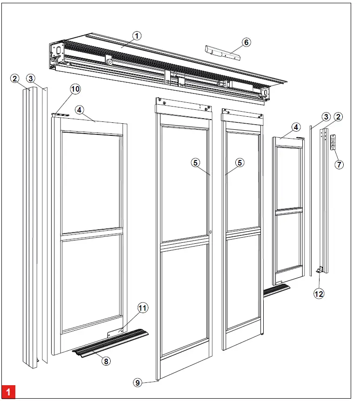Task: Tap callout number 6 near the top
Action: [247, 42]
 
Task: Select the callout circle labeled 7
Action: [339, 164]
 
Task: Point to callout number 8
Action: [107, 361]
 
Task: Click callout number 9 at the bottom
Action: [138, 382]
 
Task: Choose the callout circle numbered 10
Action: [75, 88]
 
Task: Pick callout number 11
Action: [142, 307]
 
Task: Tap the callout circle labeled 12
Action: [319, 294]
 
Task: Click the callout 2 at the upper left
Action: [15, 78]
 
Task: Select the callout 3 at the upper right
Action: [326, 116]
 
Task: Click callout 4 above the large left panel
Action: [80, 110]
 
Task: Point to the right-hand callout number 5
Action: [240, 162]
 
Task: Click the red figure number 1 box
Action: [8, 391]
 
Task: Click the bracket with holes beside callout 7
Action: [333, 142]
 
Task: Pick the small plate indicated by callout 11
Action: [115, 333]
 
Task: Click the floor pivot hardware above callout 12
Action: [320, 270]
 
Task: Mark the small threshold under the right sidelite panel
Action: [276, 290]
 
